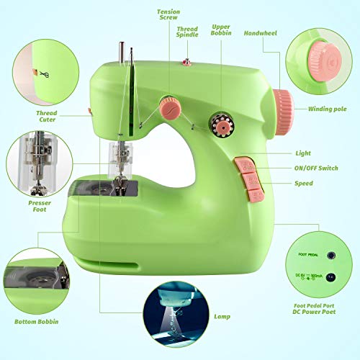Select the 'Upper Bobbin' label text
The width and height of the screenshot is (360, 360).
pyautogui.click(x=220, y=30)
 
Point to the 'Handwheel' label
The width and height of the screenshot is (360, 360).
pyautogui.click(x=261, y=32)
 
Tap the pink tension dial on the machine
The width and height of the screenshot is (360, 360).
pyautogui.click(x=170, y=109)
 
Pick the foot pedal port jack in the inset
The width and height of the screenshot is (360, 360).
pyautogui.click(x=331, y=254)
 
